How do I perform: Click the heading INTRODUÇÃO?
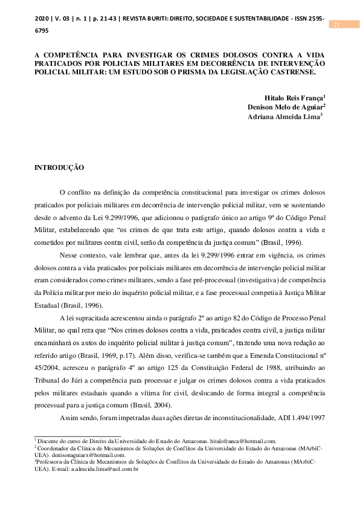coord(59,167)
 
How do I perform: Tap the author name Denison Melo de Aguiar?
coord(286,107)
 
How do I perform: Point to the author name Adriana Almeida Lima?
coord(283,117)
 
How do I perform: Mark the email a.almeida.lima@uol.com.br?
coord(105,468)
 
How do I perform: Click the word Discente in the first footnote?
coord(50,442)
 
